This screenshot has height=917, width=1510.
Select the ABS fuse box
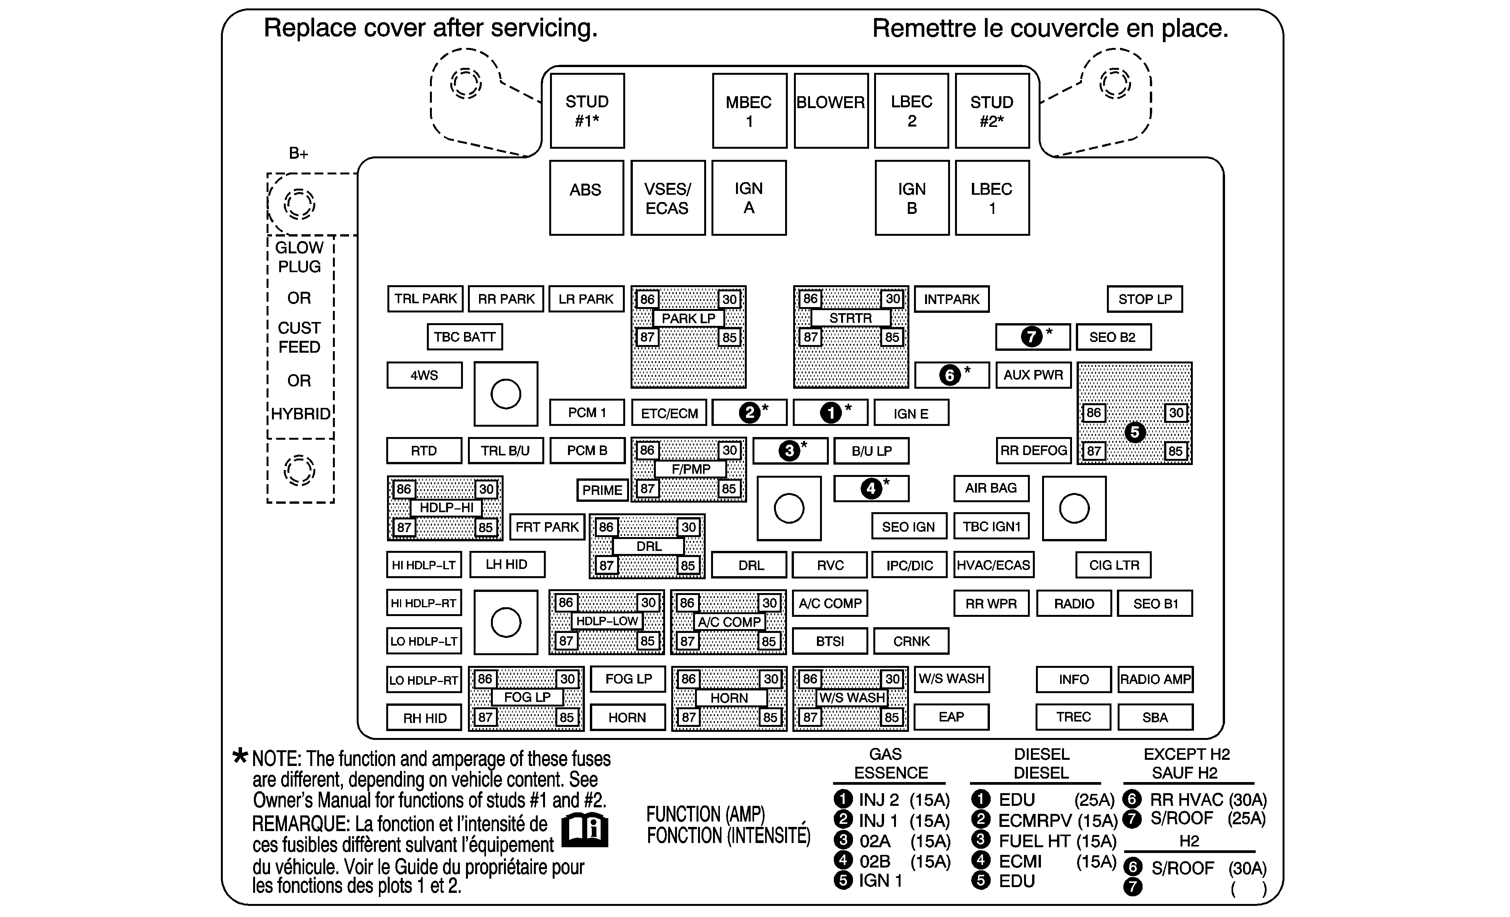(586, 197)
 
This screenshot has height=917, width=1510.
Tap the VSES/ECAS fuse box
(667, 198)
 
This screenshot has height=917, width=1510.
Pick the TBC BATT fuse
(464, 337)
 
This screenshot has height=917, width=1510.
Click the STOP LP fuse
(1144, 299)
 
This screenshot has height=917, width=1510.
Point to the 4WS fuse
(424, 375)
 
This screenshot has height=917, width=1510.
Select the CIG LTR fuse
(1113, 565)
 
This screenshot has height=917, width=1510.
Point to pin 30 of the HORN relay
(770, 679)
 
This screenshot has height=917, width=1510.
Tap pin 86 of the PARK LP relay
(647, 299)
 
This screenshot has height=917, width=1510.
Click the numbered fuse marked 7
(1032, 336)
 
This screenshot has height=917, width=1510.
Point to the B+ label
(298, 153)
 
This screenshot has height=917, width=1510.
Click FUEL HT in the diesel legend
(1034, 841)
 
